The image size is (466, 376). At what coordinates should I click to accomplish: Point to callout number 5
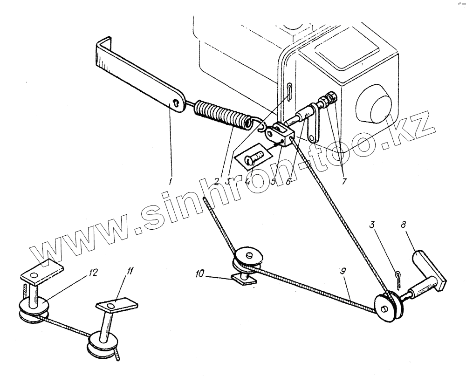point(274,181)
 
